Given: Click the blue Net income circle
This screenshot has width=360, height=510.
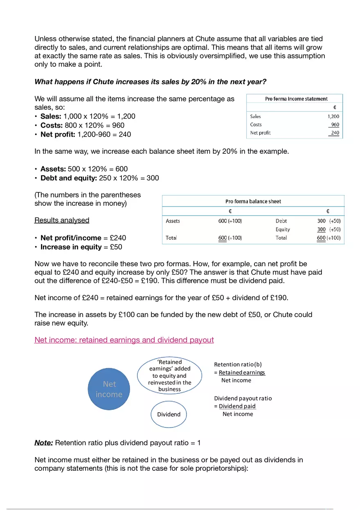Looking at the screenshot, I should click(109, 389).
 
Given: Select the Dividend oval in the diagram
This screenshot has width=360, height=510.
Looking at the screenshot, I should click(169, 414).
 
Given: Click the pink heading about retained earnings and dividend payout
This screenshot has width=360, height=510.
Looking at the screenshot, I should click(124, 340).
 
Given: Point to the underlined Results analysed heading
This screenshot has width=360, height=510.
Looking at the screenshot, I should click(62, 220).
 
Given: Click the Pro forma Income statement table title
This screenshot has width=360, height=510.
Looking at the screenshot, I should click(296, 99).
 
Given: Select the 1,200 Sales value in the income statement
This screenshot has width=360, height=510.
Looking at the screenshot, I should click(333, 117).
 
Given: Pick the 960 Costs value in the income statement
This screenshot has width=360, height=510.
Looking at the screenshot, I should click(335, 125).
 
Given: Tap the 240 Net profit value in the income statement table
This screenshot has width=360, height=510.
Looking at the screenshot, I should click(335, 133).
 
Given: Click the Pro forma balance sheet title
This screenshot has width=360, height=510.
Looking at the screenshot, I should click(253, 201).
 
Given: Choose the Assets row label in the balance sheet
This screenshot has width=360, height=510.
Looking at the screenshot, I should click(173, 221).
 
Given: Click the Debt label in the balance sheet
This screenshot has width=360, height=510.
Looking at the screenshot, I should click(281, 221).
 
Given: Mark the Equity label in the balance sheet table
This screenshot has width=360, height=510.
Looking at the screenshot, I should click(282, 229).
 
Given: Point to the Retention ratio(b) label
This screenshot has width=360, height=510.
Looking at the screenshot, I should click(238, 364).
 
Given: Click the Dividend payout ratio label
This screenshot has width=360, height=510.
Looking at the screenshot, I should click(243, 398).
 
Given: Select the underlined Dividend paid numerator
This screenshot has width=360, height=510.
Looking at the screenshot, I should click(237, 406).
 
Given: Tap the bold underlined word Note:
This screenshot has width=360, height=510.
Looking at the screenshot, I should click(44, 443).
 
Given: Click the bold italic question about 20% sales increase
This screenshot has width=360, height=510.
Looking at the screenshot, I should click(150, 82).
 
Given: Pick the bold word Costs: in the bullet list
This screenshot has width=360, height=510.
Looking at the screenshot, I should click(52, 125).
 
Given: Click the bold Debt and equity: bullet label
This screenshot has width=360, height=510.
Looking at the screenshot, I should click(69, 178).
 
